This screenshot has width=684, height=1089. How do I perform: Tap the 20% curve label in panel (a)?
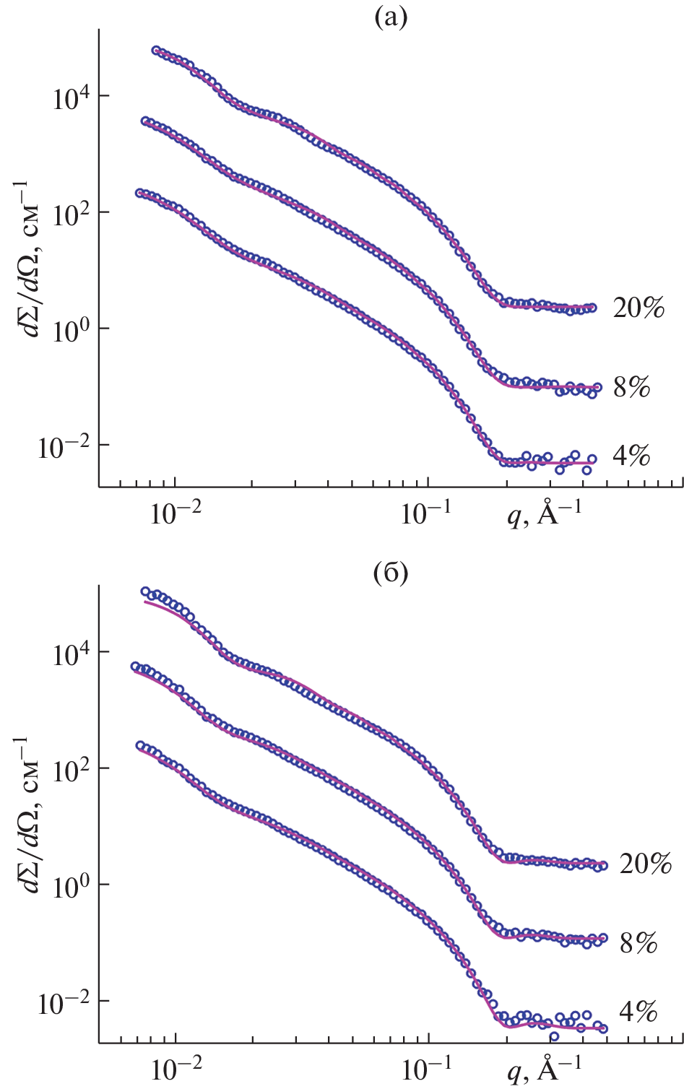click(x=638, y=308)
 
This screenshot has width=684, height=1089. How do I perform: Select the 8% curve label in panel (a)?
click(x=632, y=388)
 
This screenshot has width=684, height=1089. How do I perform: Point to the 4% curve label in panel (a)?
click(x=632, y=456)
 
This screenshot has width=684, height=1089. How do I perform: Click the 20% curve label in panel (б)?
click(x=646, y=864)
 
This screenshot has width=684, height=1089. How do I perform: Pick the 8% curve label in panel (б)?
click(x=638, y=942)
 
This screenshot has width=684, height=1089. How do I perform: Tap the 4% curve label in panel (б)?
click(x=638, y=1012)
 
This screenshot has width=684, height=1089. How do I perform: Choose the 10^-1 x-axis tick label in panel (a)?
click(x=426, y=514)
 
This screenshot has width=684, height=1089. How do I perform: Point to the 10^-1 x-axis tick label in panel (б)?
click(x=426, y=1070)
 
